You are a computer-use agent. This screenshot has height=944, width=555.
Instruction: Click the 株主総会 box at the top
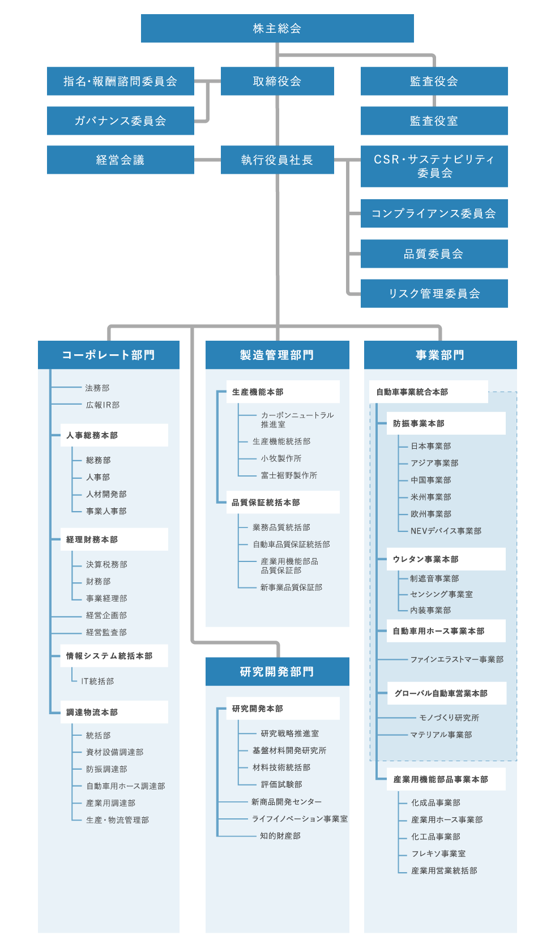(x=277, y=28)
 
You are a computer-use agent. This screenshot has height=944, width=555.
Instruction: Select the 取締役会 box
(x=277, y=81)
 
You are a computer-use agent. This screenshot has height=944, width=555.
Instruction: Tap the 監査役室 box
(x=434, y=121)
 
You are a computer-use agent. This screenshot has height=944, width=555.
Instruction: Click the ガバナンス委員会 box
(x=120, y=121)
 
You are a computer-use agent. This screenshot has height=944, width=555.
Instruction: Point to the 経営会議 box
(x=120, y=160)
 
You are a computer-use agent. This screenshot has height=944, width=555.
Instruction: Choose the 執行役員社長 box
(x=277, y=160)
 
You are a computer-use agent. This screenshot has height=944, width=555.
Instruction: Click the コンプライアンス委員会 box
(x=434, y=213)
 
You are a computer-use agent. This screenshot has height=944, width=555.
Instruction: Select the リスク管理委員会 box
(x=434, y=293)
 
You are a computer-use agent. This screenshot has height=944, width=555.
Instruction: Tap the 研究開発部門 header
(x=277, y=671)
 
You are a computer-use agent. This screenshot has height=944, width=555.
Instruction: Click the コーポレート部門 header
(x=108, y=355)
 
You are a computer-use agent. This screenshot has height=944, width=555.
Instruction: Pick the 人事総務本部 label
(x=92, y=435)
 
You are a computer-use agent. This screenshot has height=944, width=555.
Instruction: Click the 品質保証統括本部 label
(x=266, y=503)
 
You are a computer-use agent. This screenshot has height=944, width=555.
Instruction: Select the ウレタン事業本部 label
(x=425, y=559)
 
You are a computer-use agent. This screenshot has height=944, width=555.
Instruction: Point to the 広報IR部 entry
(x=103, y=405)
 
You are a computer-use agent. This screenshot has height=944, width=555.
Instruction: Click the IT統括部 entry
(x=97, y=681)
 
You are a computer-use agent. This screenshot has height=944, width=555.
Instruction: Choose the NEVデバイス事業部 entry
(x=446, y=531)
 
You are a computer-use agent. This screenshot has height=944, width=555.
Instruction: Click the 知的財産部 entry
(x=280, y=836)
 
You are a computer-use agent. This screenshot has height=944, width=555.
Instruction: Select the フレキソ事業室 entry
(x=438, y=853)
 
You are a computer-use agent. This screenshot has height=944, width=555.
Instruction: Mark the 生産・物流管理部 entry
(x=117, y=819)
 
